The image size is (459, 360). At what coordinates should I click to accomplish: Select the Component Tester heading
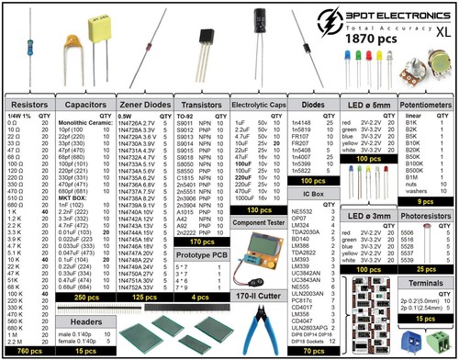click(256, 222)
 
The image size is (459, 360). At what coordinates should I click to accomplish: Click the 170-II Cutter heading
click(255, 297)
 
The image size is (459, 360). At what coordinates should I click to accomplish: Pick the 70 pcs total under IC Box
click(314, 350)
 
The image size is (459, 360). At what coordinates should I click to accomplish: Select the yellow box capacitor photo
click(94, 20)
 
